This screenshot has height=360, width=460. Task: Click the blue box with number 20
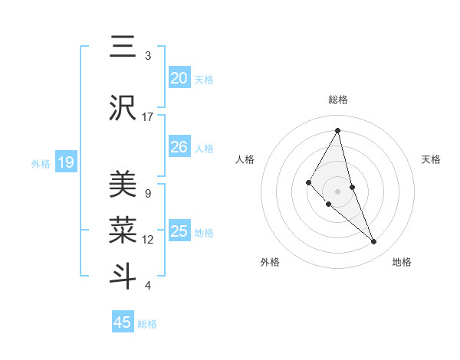pos(179,78)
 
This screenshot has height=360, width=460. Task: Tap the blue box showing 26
pos(179,147)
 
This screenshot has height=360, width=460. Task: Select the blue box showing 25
pos(179,231)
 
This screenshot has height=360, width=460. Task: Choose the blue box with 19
pos(66,162)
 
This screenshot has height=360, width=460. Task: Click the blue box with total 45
pos(123,322)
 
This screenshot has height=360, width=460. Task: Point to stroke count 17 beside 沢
pos(148,116)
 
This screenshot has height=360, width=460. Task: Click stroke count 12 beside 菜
pos(148,239)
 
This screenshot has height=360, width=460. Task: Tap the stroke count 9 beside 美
pos(148,193)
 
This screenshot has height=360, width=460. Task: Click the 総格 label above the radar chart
pos(338,100)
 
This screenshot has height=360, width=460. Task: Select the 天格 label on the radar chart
pos(432,159)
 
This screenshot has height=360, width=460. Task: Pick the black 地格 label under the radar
pos(402,262)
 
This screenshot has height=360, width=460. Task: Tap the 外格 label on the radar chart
pos(270,262)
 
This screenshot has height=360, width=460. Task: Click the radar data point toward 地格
pos(374,242)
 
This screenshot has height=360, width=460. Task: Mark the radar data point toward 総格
pos(338,130)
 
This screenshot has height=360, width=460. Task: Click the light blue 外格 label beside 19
pos(40,163)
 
